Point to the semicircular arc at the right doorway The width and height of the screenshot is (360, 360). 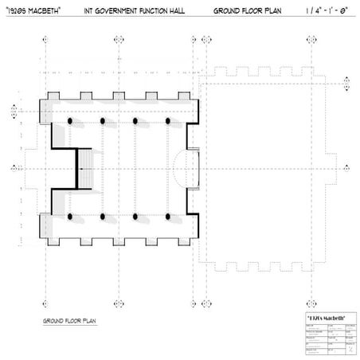[x=181, y=168]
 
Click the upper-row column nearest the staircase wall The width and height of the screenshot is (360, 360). [x=70, y=120]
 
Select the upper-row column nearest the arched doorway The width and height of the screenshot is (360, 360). [x=170, y=120]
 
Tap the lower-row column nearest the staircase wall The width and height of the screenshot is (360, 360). [x=70, y=216]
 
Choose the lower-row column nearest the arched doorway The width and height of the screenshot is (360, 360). [x=170, y=216]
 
